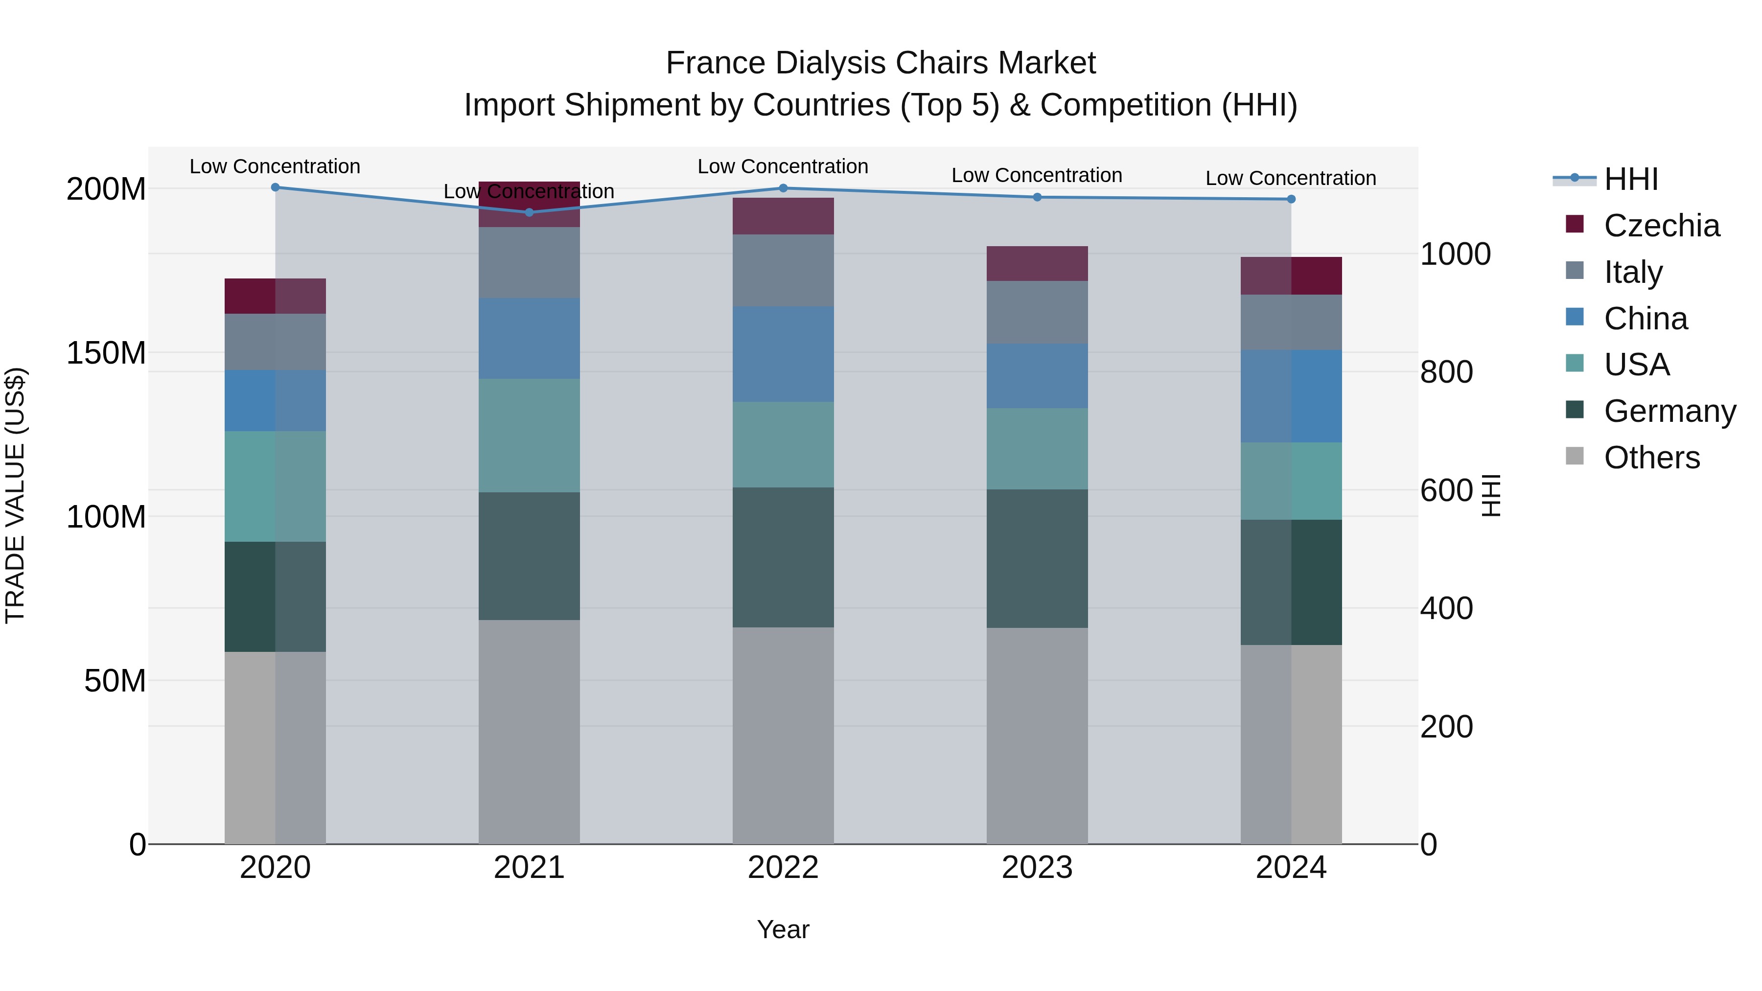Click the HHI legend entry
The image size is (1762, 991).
[x=1631, y=179]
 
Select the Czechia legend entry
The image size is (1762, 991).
[x=1661, y=226]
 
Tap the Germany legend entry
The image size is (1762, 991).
[x=1669, y=411]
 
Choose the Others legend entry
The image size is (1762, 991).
[x=1651, y=458]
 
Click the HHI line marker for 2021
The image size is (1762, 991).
[x=529, y=212]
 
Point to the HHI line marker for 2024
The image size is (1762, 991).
[x=1291, y=199]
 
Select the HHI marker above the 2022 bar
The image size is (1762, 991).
[x=783, y=188]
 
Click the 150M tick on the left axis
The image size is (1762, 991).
[x=106, y=353]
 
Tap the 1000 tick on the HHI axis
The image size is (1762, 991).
[x=1455, y=254]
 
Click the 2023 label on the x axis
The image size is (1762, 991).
[x=1037, y=867]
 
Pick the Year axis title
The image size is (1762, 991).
[x=783, y=929]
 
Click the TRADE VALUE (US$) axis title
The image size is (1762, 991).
[x=15, y=495]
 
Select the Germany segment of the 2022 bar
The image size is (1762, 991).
[x=783, y=557]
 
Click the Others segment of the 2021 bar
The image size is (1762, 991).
[x=529, y=732]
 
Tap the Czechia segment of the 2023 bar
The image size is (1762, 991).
[x=1037, y=263]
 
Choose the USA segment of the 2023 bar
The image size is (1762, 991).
[x=1037, y=449]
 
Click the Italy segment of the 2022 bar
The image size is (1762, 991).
[x=783, y=270]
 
